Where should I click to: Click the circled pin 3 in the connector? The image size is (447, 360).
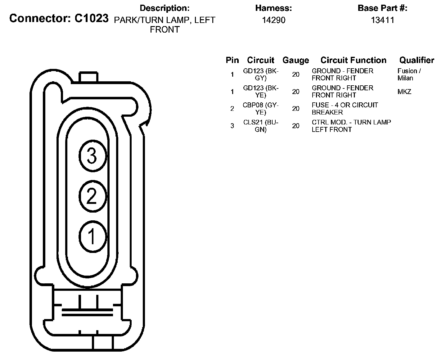click(93, 156)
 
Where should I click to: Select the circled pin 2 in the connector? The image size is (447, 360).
click(93, 196)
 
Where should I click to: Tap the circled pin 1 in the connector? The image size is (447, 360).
click(93, 236)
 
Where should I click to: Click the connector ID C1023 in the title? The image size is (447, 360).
click(92, 18)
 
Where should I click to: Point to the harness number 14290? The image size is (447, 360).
click(273, 20)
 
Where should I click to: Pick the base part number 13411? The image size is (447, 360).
click(382, 20)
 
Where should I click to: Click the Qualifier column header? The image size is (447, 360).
click(417, 60)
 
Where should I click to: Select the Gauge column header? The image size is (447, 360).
click(296, 60)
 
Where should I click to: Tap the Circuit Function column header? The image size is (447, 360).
click(353, 60)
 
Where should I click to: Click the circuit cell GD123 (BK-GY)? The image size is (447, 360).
click(261, 74)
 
